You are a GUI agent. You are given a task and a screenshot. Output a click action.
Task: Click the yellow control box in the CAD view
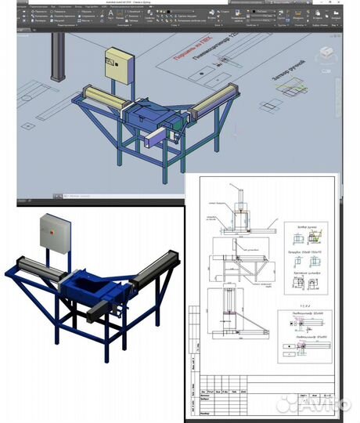[119, 67]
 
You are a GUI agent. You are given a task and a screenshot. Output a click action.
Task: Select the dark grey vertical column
[56, 59]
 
